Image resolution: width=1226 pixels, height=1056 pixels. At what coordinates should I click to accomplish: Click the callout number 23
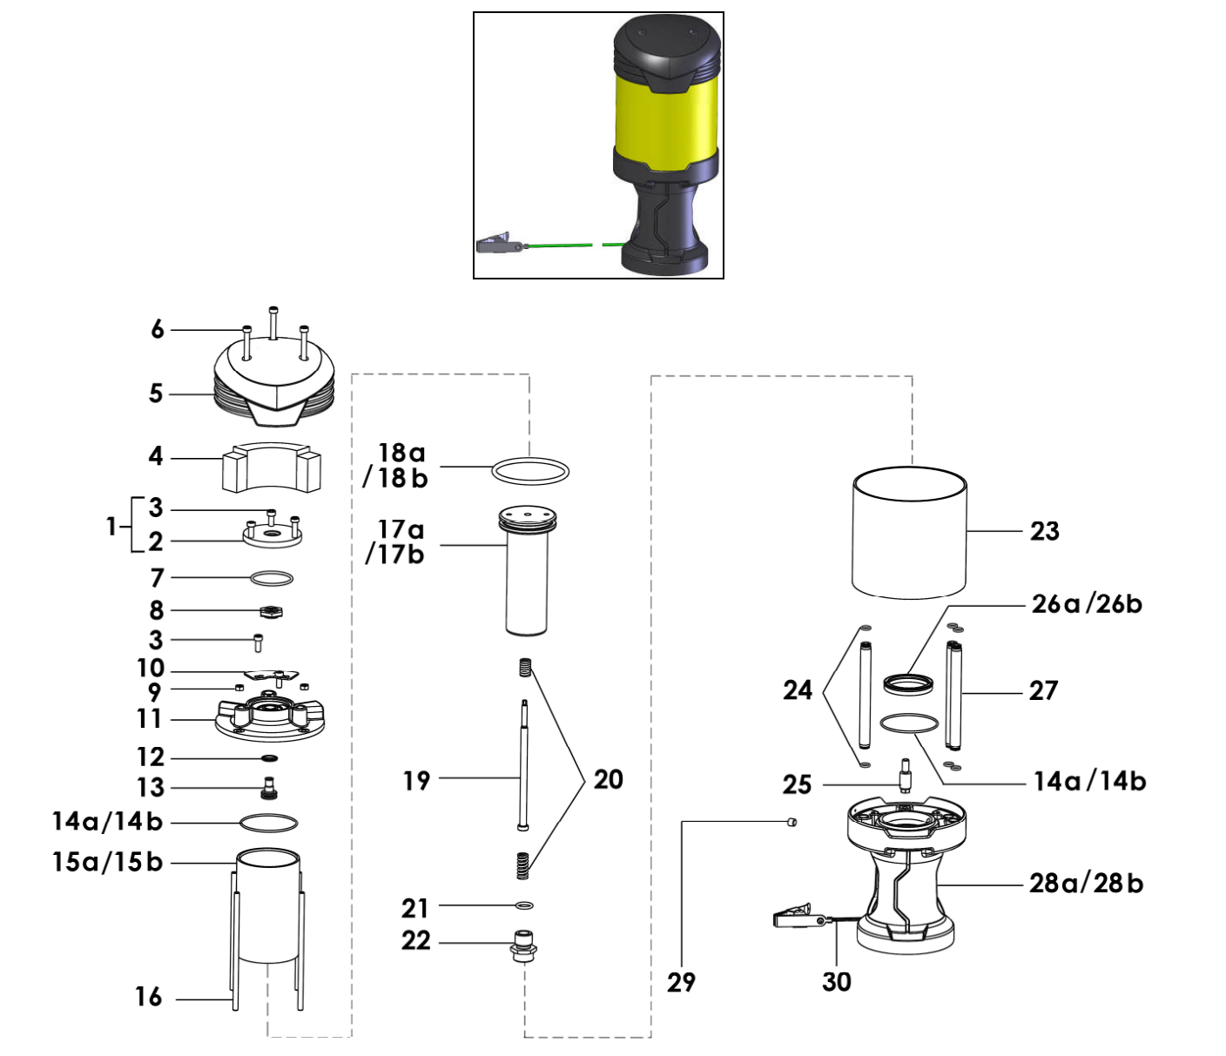coord(1044,531)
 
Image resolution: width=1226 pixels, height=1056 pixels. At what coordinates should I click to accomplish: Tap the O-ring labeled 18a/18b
coord(530,471)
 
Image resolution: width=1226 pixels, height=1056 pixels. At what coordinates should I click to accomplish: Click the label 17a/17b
coord(396,541)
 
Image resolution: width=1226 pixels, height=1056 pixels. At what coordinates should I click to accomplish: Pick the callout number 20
coord(608,779)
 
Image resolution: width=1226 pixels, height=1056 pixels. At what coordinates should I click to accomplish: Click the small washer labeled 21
coord(524,905)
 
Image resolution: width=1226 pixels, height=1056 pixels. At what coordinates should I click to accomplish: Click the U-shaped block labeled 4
coord(272,467)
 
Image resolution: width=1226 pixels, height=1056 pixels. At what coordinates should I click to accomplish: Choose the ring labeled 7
coord(271,578)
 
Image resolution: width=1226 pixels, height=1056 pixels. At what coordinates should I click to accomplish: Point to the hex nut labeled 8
coord(271,611)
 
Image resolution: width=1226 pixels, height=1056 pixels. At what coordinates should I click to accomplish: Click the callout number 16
coord(148,997)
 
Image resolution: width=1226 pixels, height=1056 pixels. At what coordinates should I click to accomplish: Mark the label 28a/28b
coord(1085,884)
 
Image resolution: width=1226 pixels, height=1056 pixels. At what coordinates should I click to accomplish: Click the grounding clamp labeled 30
coord(797,917)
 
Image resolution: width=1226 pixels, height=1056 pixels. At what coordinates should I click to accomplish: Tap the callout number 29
coord(681,982)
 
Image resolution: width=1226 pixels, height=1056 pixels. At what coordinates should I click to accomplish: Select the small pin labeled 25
coord(905,775)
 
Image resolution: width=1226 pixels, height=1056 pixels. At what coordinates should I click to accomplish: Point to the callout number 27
coord(1043,691)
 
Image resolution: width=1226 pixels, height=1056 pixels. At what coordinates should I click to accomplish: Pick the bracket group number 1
coord(111,526)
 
